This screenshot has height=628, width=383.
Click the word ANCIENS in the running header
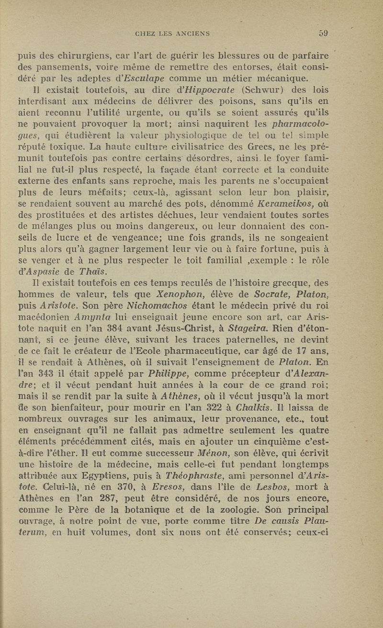click(x=197, y=33)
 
